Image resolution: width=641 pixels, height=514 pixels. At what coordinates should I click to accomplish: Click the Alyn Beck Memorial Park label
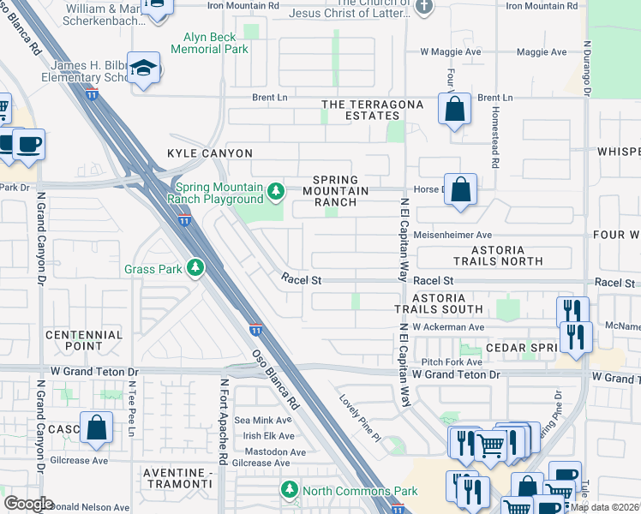209,43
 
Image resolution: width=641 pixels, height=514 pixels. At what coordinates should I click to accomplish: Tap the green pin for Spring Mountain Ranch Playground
275,190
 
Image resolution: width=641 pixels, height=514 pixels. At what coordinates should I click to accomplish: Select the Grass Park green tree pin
196,268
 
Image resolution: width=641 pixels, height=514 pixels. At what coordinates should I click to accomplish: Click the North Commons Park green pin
290,490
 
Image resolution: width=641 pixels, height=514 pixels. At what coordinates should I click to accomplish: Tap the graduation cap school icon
144,69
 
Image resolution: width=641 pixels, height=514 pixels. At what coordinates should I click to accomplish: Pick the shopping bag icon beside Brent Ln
454,110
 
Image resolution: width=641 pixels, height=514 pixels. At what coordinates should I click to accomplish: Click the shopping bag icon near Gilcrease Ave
97,427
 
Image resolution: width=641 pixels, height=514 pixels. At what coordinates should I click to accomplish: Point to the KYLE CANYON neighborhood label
210,153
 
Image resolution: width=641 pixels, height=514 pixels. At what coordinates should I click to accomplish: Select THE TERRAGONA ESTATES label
372,110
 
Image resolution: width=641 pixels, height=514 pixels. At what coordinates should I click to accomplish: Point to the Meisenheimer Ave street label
452,235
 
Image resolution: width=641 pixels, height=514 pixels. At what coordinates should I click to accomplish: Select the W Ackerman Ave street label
448,327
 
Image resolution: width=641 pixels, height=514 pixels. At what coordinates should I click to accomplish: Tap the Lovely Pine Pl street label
359,417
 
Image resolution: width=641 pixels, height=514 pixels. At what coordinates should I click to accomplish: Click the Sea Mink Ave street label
263,420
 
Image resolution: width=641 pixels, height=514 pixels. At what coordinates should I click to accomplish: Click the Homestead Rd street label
494,128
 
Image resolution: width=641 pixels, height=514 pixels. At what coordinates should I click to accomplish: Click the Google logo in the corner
29,503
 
